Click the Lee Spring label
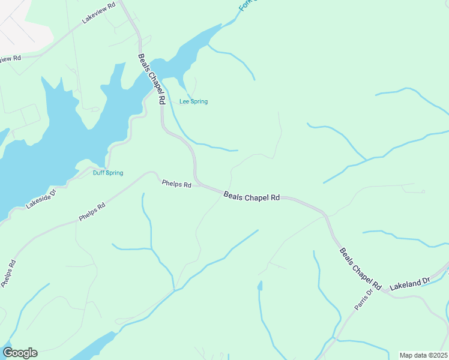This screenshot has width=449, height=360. [193, 101]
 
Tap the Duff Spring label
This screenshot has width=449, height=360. [108, 173]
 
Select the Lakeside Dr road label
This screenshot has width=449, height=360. [41, 197]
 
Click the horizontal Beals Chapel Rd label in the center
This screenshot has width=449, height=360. [252, 196]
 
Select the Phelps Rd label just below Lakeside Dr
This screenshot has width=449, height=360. [92, 212]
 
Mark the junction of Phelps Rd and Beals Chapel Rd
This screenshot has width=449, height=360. [199, 185]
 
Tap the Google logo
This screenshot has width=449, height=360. [20, 353]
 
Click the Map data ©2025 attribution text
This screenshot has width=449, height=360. [423, 355]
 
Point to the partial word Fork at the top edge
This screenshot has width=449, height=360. [245, 5]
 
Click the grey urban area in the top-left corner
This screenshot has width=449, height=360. [15, 21]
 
